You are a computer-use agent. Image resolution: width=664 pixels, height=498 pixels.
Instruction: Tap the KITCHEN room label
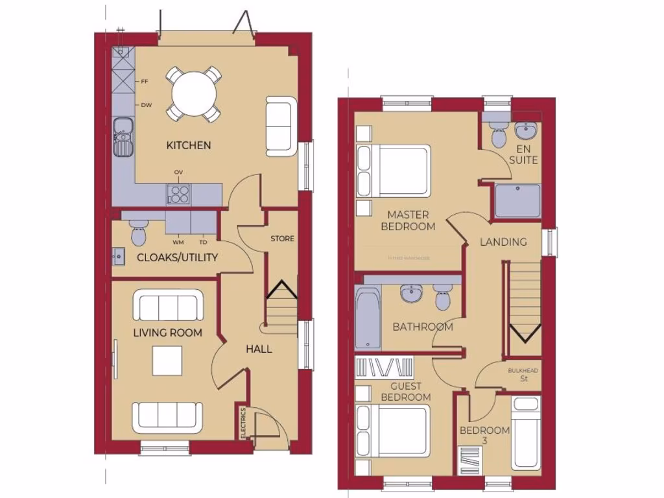(189, 145)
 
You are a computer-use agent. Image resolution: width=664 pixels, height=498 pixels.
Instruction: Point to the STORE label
(282, 239)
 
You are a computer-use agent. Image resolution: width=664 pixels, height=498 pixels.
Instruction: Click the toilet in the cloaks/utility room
(138, 233)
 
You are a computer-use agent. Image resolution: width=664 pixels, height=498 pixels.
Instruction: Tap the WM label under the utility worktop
(178, 243)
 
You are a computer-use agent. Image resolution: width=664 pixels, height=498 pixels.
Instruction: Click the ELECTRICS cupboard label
(243, 423)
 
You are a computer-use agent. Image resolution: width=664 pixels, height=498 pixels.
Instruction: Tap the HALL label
(259, 349)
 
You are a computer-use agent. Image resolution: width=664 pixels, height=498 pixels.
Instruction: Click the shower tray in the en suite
(517, 200)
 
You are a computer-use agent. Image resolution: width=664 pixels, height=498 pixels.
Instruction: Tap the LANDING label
(503, 242)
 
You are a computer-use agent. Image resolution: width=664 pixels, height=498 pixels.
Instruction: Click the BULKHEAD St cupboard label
(523, 374)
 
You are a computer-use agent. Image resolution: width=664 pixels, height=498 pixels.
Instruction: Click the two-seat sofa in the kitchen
(281, 126)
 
